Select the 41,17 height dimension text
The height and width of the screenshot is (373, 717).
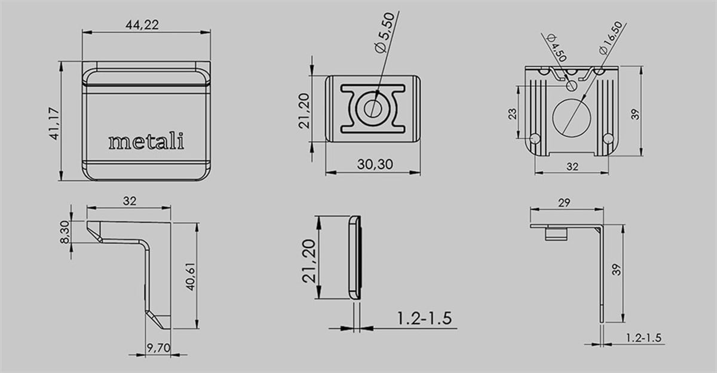click(x=54, y=122)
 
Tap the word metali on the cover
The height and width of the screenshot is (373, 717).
click(x=146, y=142)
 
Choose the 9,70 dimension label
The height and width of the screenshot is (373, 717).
click(x=158, y=346)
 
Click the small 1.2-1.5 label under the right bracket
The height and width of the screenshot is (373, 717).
click(x=643, y=338)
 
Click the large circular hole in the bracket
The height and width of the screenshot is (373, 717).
click(x=572, y=115)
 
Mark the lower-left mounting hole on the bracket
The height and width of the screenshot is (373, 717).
click(x=535, y=139)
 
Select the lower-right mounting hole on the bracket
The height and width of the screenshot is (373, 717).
click(x=608, y=139)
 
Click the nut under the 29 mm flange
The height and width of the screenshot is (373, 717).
click(x=556, y=234)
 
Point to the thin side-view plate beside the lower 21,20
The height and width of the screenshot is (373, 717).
click(x=355, y=258)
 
